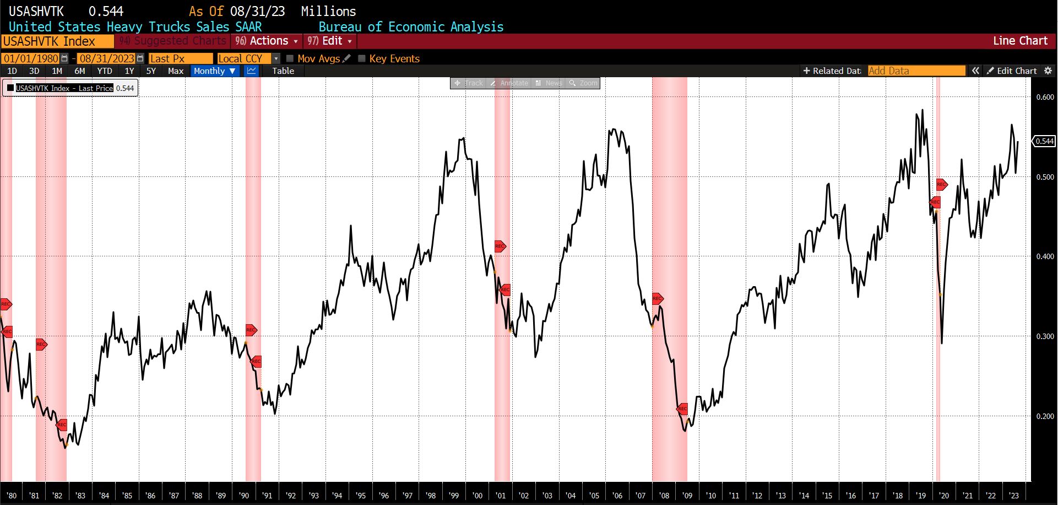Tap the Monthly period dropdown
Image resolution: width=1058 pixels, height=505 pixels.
click(214, 71)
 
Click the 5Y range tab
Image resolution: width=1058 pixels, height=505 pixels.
click(151, 71)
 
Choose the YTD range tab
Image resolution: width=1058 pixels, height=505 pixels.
click(104, 71)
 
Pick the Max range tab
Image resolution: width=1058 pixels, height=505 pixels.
click(176, 71)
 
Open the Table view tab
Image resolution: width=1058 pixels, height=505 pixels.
click(283, 71)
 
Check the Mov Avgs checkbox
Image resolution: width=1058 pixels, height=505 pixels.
click(290, 58)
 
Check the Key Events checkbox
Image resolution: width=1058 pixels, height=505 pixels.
click(362, 58)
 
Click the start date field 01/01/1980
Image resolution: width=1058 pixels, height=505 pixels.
click(31, 58)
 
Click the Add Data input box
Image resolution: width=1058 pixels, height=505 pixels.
click(916, 71)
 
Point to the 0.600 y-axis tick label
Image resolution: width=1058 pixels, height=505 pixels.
click(1045, 97)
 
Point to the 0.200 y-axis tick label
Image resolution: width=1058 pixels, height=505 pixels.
click(1045, 416)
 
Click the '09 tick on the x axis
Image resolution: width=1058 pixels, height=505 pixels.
click(687, 496)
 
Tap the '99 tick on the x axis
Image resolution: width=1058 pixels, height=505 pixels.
click(454, 496)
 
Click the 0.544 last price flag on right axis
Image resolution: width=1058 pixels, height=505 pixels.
click(1044, 141)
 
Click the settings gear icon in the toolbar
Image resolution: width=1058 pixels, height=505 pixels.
click(1048, 71)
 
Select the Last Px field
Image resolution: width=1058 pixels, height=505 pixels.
click(180, 58)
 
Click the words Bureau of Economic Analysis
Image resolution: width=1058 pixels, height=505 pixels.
click(411, 27)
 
